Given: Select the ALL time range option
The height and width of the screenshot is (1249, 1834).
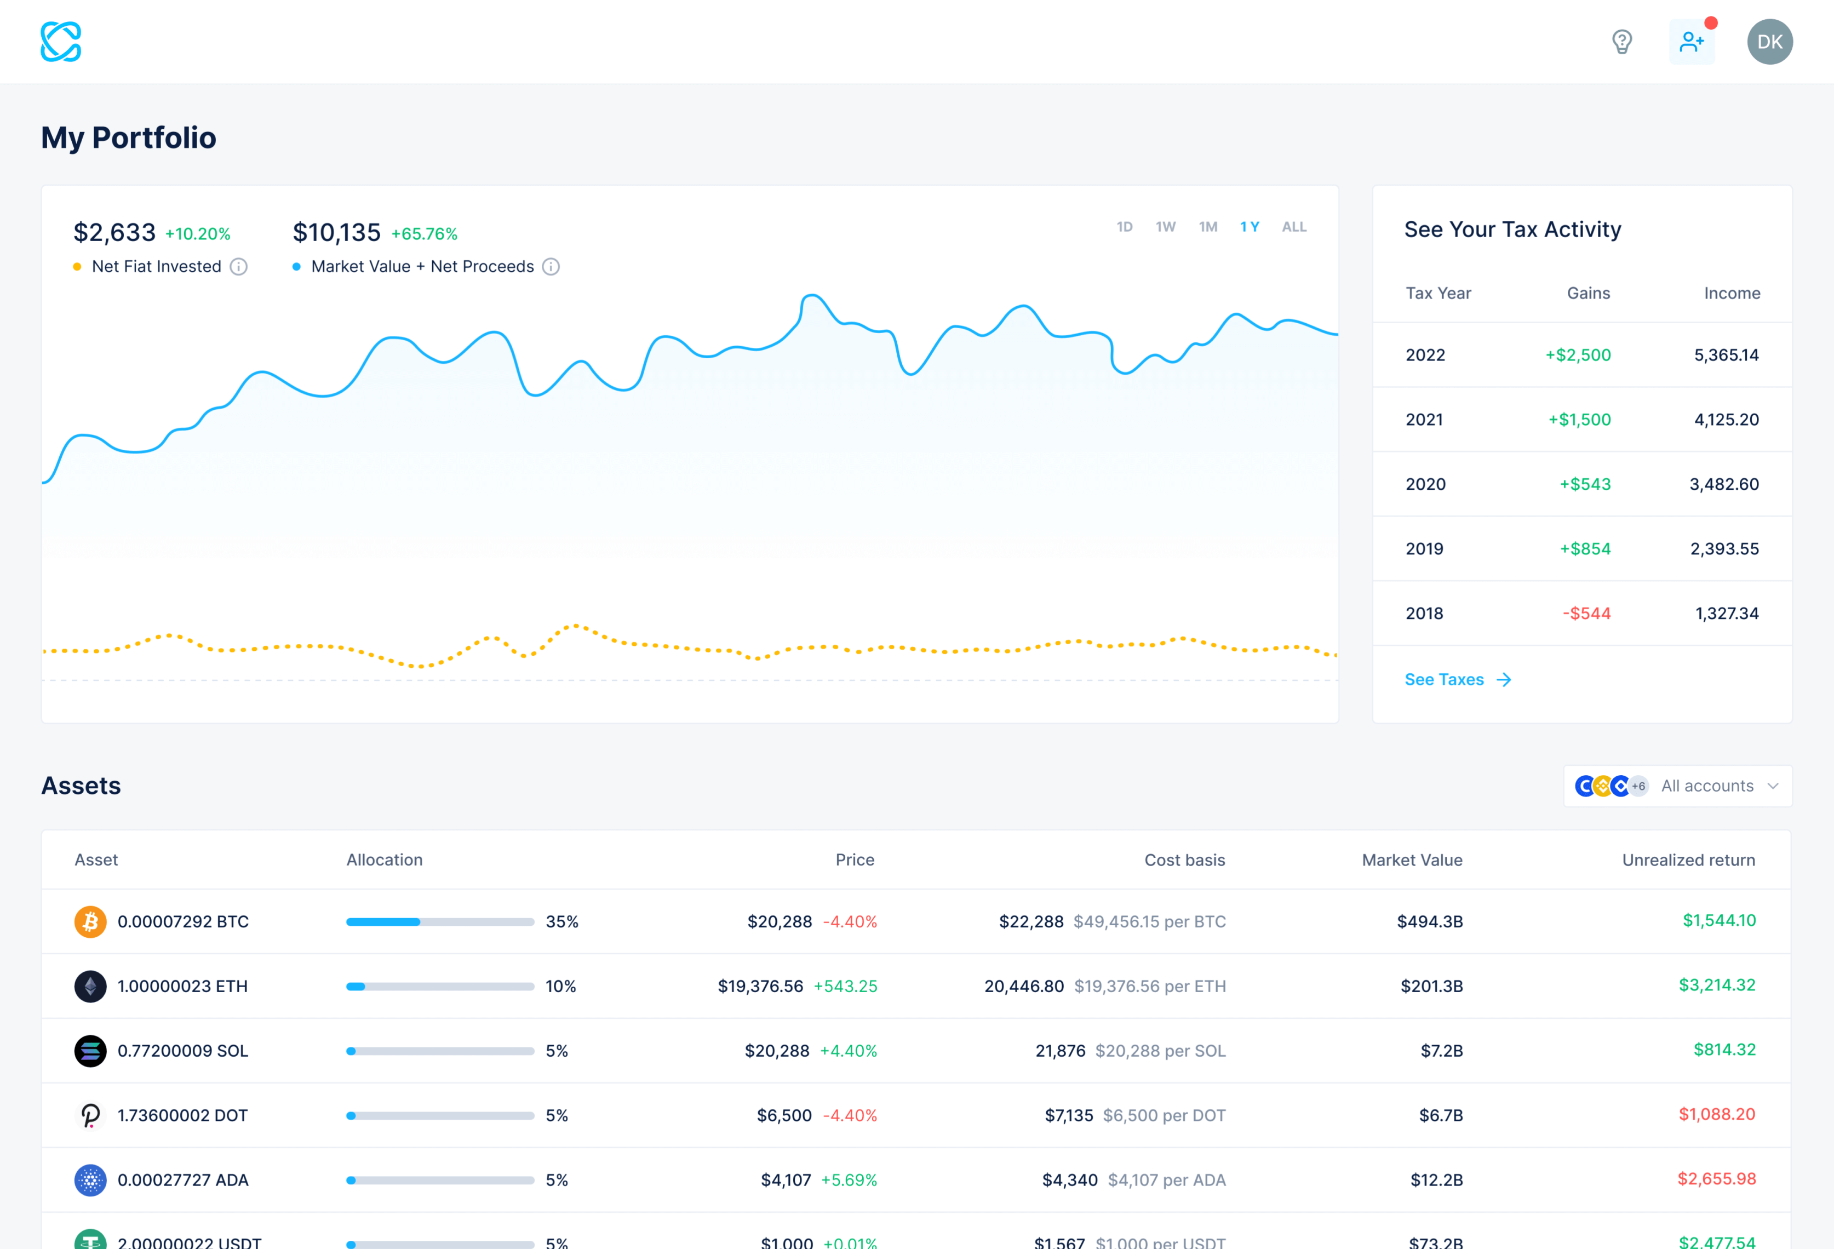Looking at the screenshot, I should click(1293, 227).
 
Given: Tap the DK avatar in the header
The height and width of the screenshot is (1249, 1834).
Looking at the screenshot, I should click(1769, 42).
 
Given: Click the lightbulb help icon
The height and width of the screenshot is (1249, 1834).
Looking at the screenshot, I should click(1621, 42).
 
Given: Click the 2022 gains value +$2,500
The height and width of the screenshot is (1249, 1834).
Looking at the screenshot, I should click(1578, 355).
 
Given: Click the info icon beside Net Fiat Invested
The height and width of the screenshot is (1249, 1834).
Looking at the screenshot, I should click(238, 267).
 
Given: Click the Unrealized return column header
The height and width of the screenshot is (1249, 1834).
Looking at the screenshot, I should click(1688, 860).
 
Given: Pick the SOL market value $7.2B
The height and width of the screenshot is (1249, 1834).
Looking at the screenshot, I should click(1441, 1051).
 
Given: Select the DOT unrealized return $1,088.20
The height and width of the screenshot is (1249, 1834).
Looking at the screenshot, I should click(1716, 1114).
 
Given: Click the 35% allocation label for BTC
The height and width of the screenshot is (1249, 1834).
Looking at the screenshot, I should click(562, 921).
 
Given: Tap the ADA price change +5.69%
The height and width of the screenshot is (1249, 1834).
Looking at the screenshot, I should click(849, 1181).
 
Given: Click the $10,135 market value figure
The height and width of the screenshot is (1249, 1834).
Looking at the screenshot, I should click(337, 233).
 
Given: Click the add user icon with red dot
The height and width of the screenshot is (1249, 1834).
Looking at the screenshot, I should click(1691, 42).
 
